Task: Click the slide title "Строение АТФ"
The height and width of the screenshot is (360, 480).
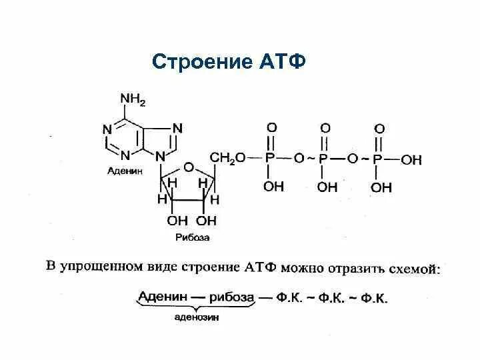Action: [229, 62]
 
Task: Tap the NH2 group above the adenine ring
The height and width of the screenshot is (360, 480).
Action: [132, 100]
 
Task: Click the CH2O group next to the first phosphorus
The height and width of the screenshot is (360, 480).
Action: [227, 157]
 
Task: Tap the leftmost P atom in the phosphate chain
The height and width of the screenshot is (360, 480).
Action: [270, 159]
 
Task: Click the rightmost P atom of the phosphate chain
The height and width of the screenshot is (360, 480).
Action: [378, 159]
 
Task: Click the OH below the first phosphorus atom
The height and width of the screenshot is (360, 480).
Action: [273, 187]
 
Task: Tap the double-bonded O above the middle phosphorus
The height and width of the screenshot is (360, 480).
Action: [325, 127]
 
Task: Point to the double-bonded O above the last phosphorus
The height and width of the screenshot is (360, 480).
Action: [379, 127]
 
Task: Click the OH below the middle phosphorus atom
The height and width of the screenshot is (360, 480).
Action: [327, 187]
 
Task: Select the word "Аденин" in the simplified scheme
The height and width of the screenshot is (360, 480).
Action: [161, 297]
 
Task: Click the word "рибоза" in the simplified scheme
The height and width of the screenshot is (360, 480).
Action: [232, 297]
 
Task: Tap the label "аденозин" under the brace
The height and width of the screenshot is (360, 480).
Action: [197, 318]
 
